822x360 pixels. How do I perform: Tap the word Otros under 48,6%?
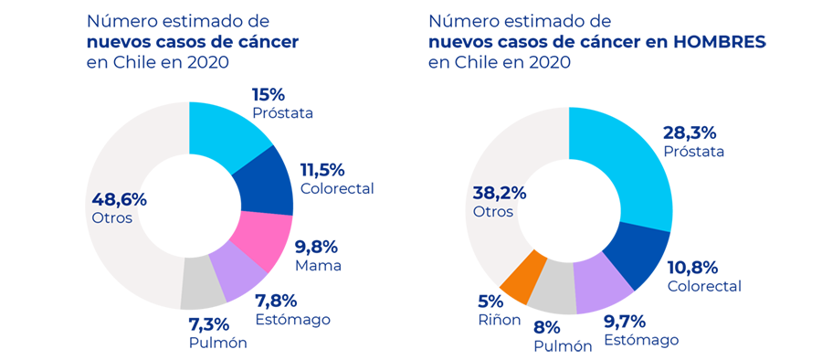112,218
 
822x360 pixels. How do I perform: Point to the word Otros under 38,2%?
493,212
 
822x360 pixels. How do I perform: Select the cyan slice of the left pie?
224,137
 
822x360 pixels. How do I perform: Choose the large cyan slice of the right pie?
639,155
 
